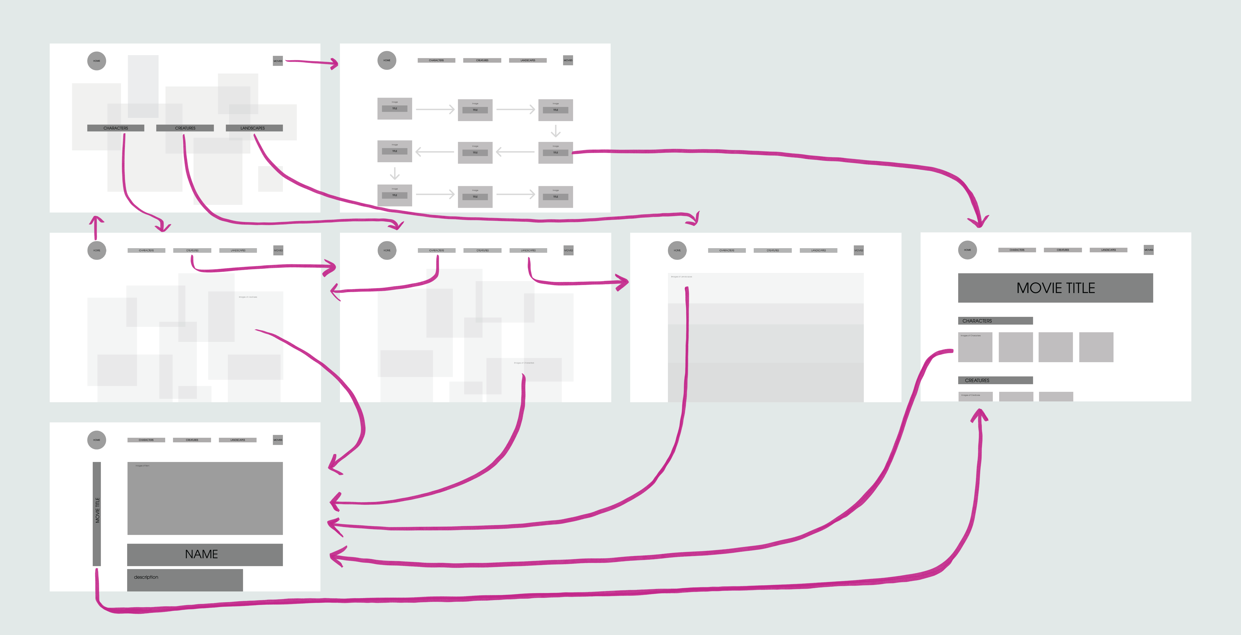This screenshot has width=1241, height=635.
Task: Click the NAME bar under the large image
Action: [x=205, y=555]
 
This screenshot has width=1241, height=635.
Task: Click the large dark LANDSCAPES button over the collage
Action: [x=254, y=128]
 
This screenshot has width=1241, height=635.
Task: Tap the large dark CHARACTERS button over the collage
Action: [x=116, y=128]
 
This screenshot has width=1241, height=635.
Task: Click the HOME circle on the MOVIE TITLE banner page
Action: [x=967, y=250]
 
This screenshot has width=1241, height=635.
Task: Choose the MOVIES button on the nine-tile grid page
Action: [x=568, y=60]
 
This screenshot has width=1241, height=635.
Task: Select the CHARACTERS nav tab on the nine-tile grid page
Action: [x=436, y=60]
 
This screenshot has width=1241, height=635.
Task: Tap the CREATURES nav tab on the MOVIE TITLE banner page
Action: [x=1063, y=250]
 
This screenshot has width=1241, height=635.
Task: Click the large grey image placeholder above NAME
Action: [x=205, y=498]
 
